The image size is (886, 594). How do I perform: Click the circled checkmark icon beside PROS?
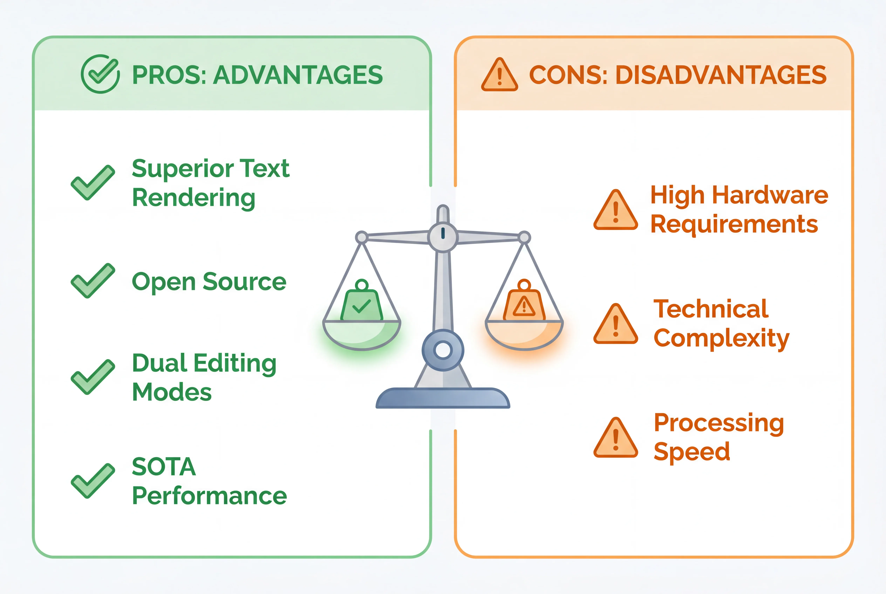point(100,74)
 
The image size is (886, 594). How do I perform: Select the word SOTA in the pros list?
point(164,467)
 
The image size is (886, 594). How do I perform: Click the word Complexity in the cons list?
point(721,338)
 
